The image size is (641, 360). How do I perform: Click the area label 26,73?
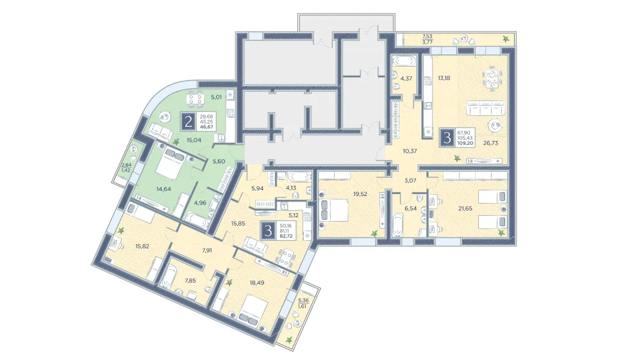(x=490, y=143)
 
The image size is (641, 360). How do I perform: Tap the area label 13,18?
(x=444, y=78)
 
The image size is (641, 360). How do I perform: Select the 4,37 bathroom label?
(x=406, y=78)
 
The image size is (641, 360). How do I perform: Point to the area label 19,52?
(x=360, y=194)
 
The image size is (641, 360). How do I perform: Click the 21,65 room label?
(x=465, y=208)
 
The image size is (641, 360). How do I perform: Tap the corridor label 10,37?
(x=410, y=151)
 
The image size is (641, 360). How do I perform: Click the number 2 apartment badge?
(x=188, y=122)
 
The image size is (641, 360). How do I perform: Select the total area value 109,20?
(x=465, y=143)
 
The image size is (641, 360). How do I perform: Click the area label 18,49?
(x=257, y=282)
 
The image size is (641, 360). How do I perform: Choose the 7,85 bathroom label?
(x=190, y=281)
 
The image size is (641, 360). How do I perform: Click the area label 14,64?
(x=163, y=189)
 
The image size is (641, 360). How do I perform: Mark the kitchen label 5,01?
(x=216, y=97)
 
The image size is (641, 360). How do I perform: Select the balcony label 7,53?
(x=427, y=36)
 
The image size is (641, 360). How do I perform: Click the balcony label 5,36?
(x=304, y=300)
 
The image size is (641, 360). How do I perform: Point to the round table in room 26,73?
(x=494, y=125)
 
